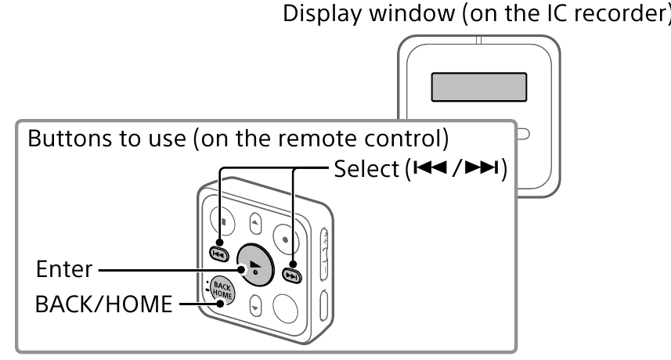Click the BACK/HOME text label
(x=98, y=304)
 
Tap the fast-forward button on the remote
(x=291, y=275)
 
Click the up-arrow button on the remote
(x=254, y=224)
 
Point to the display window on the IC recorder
(x=478, y=87)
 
